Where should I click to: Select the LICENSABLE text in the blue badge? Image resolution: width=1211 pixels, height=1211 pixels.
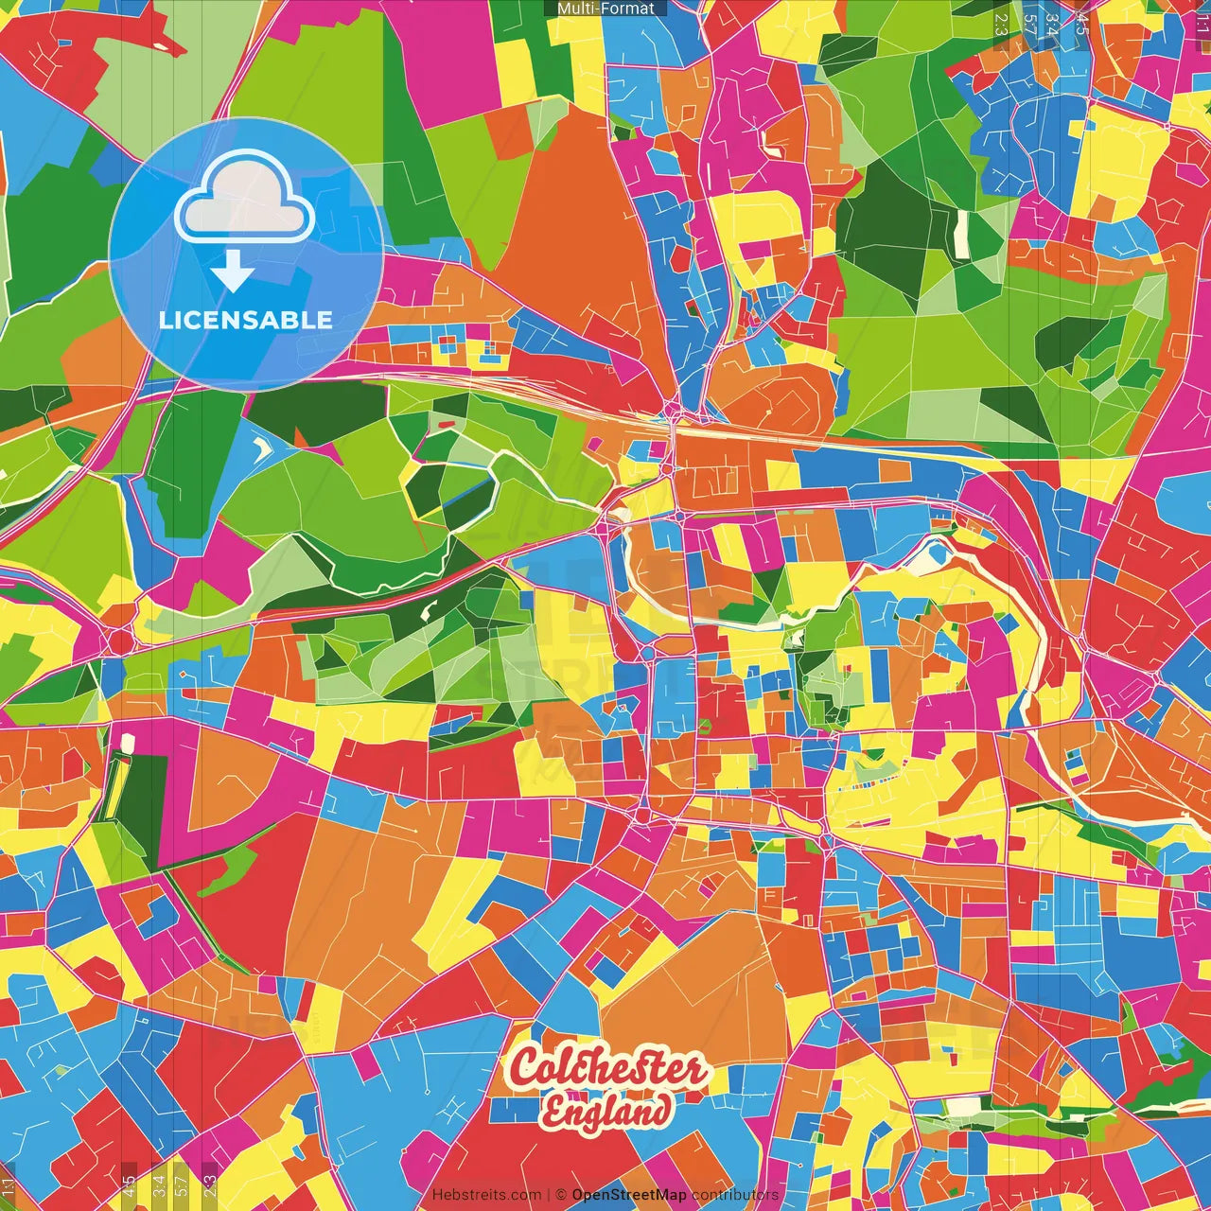(246, 320)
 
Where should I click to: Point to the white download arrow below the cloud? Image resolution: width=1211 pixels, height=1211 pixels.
(232, 272)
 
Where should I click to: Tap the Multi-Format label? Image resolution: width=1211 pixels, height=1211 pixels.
(605, 9)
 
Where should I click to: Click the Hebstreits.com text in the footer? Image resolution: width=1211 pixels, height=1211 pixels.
(486, 1195)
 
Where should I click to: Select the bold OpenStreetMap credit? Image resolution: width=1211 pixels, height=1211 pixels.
(629, 1195)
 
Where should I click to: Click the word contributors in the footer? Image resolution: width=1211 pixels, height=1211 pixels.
(735, 1195)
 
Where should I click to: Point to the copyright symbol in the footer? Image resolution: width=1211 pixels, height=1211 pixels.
(561, 1195)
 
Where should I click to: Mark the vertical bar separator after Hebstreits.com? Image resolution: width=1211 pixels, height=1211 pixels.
(549, 1195)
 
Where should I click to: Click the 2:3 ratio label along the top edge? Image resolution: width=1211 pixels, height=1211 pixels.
(1001, 25)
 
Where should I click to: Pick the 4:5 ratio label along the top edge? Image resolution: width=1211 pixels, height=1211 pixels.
(1082, 25)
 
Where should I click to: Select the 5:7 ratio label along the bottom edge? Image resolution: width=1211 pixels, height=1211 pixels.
(183, 1185)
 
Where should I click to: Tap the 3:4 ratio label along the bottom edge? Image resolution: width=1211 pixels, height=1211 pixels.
(158, 1185)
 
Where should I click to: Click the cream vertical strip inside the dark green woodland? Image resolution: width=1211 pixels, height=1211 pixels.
(962, 233)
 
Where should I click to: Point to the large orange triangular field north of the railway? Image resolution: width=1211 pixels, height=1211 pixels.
(568, 237)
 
